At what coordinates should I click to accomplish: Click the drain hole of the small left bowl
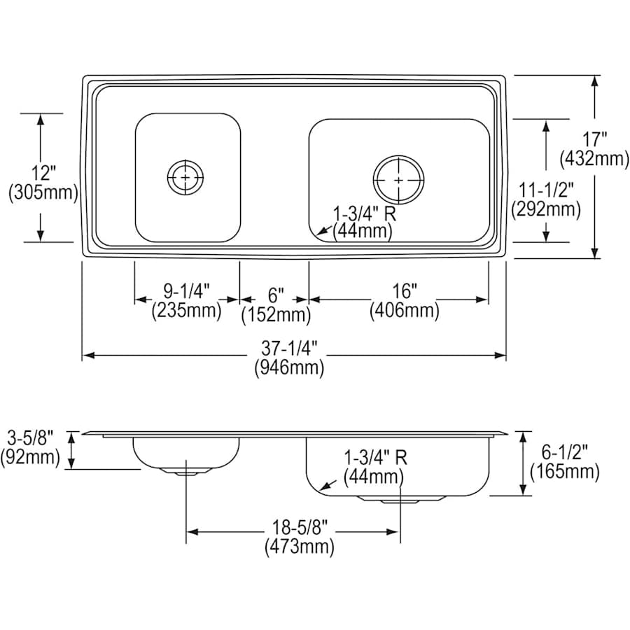[x=185, y=178]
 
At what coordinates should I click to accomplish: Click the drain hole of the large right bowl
[x=399, y=179]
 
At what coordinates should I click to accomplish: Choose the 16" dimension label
[x=405, y=290]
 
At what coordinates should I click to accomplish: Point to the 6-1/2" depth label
[x=564, y=451]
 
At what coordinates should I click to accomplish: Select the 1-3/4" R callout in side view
[x=376, y=458]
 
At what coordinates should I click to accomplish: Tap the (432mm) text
[x=594, y=160]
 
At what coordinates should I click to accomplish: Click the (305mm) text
[x=42, y=193]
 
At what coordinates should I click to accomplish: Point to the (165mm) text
[x=564, y=472]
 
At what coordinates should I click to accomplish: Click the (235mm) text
[x=186, y=310]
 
